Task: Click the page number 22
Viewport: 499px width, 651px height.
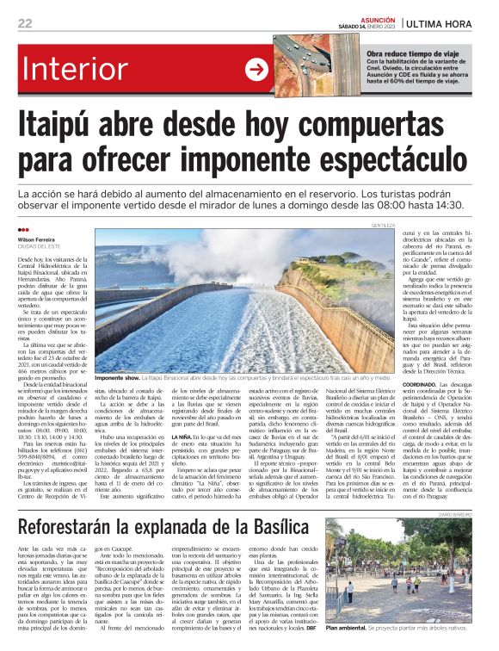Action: pos(27,22)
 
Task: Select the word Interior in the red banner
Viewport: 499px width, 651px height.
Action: pos(106,70)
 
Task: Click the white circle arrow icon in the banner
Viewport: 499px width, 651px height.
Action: pos(256,70)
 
